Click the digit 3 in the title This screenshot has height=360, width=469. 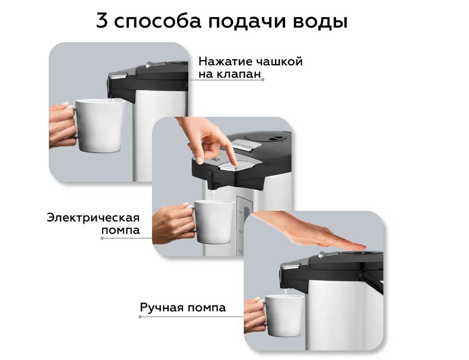[101, 21]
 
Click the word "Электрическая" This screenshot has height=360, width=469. [93, 218]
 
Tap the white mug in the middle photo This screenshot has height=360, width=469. [211, 221]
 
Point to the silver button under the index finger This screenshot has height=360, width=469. [237, 165]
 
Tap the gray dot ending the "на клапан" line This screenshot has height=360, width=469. [263, 80]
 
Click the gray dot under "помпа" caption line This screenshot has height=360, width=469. [102, 238]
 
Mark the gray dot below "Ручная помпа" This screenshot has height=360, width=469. [140, 316]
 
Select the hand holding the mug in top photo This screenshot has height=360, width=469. [62, 125]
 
